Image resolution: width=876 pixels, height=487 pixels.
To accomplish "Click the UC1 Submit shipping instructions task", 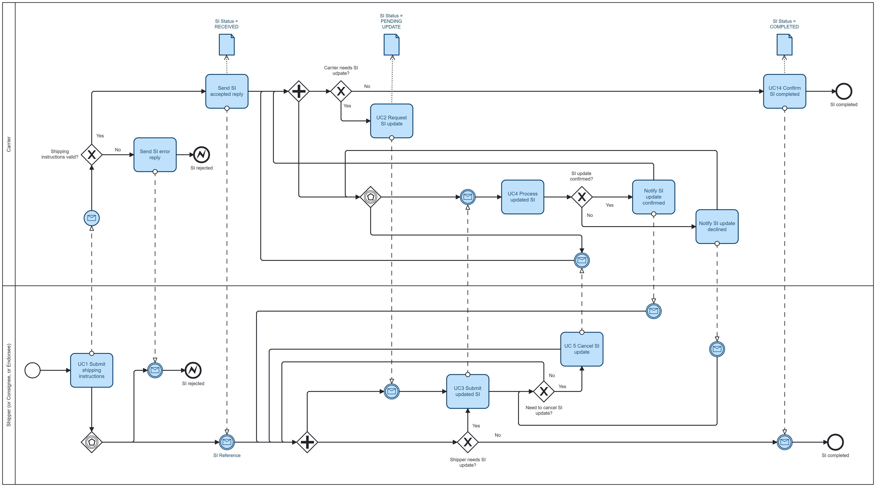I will point(91,370).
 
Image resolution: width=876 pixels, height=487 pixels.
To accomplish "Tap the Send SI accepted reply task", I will point(227,91).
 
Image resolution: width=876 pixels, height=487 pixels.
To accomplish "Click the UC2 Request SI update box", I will point(391,121).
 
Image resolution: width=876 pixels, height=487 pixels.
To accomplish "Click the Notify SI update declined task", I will point(717,226).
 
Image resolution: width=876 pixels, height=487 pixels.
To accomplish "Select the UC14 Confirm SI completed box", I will point(785,91).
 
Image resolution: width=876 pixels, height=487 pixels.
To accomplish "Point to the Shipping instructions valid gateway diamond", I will point(91,155).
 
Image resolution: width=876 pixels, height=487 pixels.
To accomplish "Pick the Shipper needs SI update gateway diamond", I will point(468,442).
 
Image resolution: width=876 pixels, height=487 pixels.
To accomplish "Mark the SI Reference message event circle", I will point(227,442).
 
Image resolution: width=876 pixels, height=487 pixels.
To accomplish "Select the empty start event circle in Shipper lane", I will point(33,370).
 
